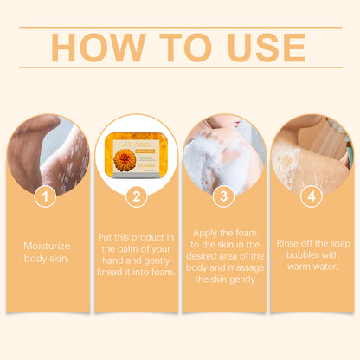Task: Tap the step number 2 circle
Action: pyautogui.click(x=136, y=197)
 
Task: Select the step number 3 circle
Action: pyautogui.click(x=223, y=197)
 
